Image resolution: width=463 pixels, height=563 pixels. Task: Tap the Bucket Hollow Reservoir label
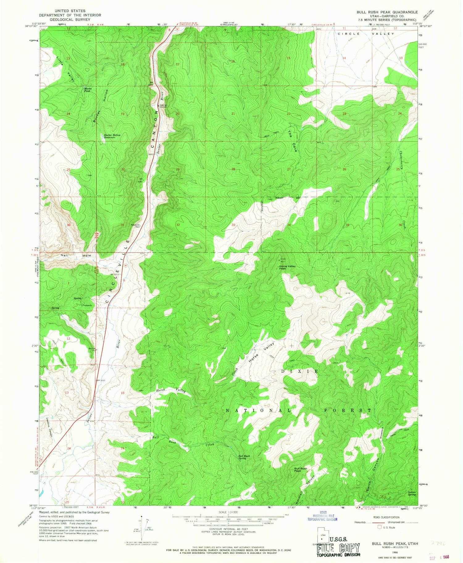click(112, 137)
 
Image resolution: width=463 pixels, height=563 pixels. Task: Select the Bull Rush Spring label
click(244, 457)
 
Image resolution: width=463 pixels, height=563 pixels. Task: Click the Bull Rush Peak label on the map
click(300, 470)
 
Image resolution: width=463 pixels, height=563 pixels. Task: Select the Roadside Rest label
click(136, 226)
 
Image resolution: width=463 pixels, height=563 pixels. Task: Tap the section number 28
click(233, 169)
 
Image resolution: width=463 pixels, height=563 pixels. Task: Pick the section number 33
click(233, 225)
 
